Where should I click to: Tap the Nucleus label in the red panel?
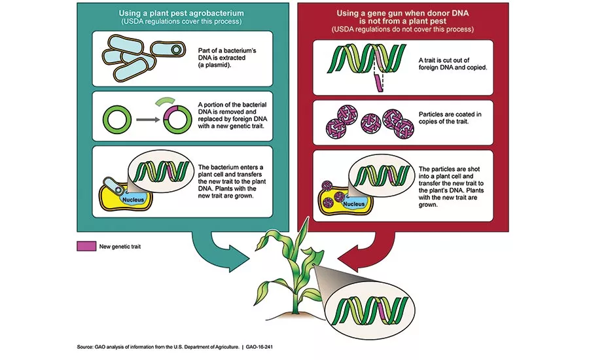(355, 204)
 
